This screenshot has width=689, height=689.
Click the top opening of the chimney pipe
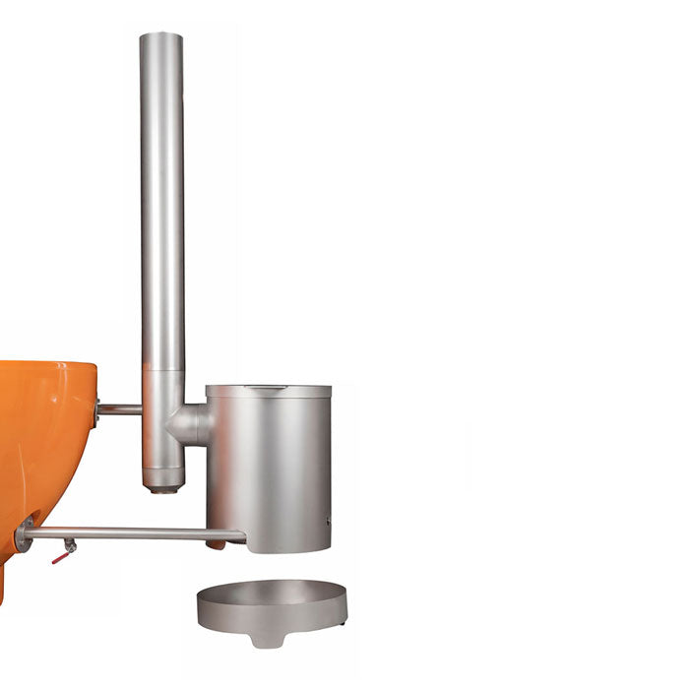tap(161, 36)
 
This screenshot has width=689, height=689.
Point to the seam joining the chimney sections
tap(162, 370)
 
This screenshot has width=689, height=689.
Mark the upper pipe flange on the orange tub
tap(96, 411)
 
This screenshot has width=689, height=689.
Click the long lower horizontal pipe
tap(128, 533)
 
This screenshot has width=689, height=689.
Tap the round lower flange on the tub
tap(24, 534)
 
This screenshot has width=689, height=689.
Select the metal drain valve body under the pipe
tap(69, 545)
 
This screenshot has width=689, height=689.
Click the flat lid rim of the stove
tap(268, 391)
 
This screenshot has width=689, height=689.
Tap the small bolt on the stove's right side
tap(329, 520)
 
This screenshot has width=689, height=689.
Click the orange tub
tap(44, 443)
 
